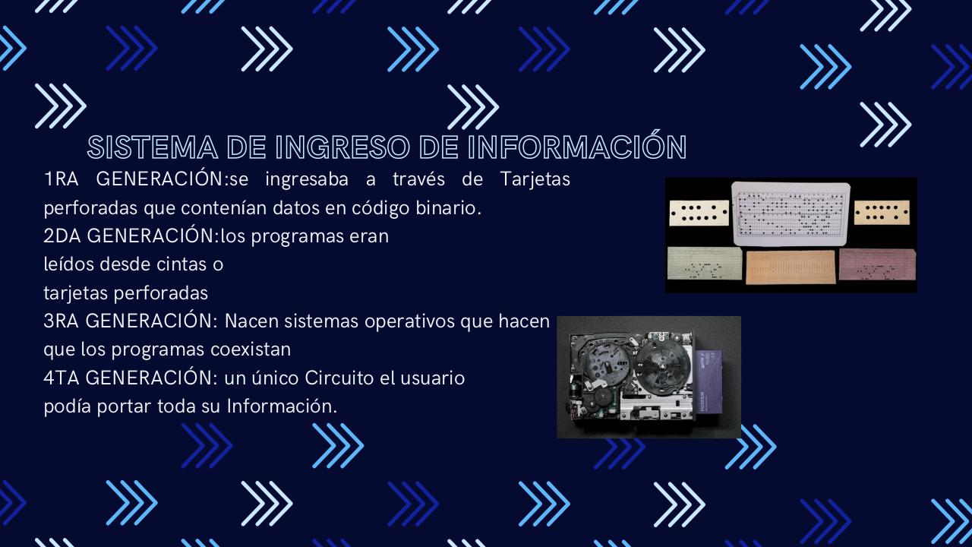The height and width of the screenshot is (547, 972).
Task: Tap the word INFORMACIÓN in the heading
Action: point(577,147)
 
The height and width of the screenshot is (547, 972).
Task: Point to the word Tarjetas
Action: point(535,180)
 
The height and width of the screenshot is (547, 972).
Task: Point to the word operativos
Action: point(410,321)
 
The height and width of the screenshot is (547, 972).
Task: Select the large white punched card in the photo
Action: point(789,213)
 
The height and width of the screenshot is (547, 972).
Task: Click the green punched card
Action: point(704,264)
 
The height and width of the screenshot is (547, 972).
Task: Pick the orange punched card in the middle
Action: point(790,267)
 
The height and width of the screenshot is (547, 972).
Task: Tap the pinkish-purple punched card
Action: point(877,264)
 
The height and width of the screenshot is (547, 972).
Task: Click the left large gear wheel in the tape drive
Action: point(604,357)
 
